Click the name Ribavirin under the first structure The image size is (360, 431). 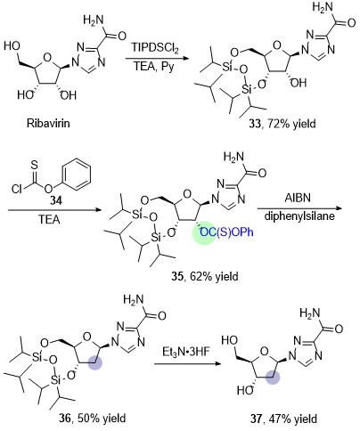[x=48, y=123]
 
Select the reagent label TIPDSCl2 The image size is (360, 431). [x=155, y=48]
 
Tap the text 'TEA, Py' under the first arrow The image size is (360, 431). [x=154, y=67]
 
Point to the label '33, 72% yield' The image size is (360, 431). [x=282, y=124]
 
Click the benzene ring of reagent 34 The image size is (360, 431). [x=78, y=174]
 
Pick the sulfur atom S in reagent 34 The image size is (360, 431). [x=35, y=166]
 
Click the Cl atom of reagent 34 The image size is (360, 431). [x=17, y=189]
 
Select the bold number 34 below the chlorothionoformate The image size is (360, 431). [x=56, y=201]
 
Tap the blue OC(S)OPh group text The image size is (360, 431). [x=227, y=232]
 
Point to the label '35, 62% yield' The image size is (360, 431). [x=205, y=276]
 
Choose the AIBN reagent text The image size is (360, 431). [x=298, y=198]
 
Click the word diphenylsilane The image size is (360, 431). [x=299, y=215]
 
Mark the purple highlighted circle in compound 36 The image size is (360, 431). [x=95, y=362]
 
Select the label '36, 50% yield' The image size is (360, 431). [x=92, y=419]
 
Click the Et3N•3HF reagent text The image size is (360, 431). [x=186, y=352]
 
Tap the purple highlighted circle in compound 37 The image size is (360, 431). [x=273, y=378]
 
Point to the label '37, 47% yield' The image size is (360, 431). [x=283, y=419]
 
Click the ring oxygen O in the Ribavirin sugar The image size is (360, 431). [x=47, y=57]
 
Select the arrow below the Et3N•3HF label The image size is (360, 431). [x=188, y=364]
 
